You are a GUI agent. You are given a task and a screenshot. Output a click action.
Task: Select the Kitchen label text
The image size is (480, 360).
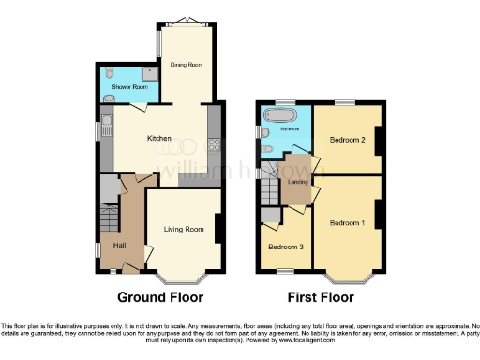coord(158,139)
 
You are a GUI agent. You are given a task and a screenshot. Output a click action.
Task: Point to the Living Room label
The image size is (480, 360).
coord(185,228)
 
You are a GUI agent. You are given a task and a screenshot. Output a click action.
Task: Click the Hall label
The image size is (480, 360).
coord(120,245)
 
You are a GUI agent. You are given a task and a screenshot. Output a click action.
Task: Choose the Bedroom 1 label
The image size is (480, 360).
coord(347,224)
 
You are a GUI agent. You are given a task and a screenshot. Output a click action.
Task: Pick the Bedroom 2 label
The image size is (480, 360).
coord(346,140)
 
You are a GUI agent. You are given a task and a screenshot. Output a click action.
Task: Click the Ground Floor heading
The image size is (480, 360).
coord(160,298)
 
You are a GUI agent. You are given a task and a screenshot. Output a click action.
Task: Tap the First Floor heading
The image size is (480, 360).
coord(321,298)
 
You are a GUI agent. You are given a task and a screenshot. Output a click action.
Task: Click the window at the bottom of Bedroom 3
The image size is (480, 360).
coord(283,270)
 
